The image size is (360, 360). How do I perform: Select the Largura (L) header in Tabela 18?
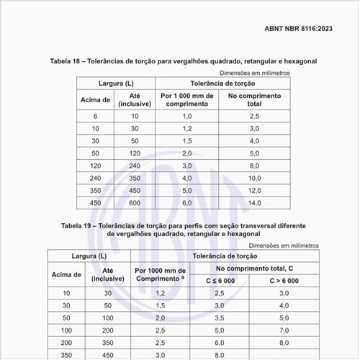coord(114,84)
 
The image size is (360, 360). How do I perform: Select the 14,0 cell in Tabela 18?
coord(254,203)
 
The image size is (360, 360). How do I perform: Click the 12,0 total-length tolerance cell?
coord(254,190)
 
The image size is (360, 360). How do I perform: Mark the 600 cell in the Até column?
coord(135,203)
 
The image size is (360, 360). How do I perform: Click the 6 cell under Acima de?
coord(95,116)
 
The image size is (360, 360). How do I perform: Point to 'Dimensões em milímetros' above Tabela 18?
coord(254,72)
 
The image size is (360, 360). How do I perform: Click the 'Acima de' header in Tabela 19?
coord(66,274)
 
